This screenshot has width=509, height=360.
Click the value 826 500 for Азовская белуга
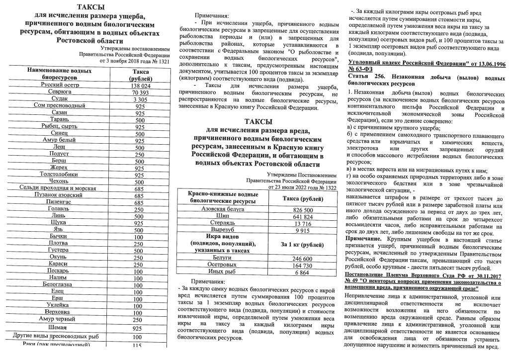pos(303,210)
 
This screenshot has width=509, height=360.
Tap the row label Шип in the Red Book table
pos(223,217)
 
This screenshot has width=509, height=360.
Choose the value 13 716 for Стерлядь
pos(303,224)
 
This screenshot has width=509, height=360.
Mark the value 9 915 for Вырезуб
pos(303,231)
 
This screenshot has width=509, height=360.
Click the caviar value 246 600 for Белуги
pos(303,259)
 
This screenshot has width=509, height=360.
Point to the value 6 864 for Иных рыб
pos(303,272)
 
